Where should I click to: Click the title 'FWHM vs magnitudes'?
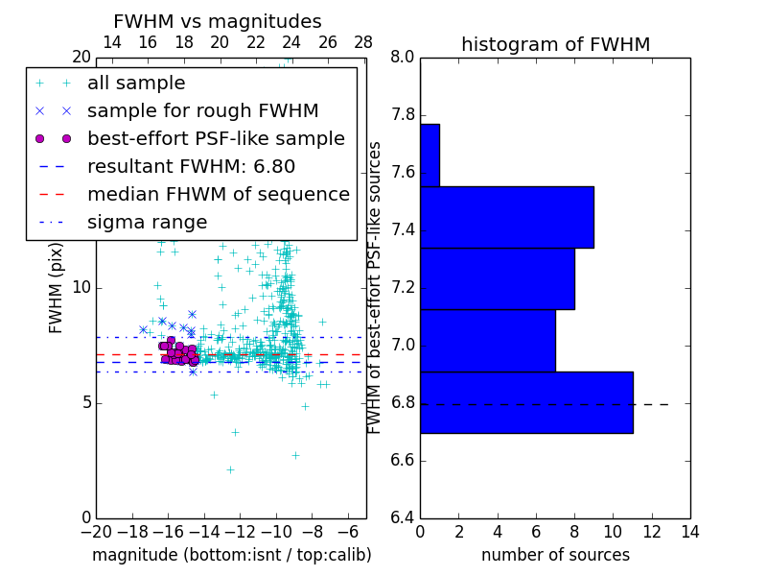coord(218,21)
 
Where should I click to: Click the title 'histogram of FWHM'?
coord(555,44)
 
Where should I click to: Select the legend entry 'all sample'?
coord(136,84)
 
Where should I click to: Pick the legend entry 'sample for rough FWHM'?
coord(202,111)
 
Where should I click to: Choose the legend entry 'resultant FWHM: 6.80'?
coord(191,167)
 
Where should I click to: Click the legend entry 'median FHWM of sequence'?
coord(218,195)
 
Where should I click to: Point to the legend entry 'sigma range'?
coord(147,223)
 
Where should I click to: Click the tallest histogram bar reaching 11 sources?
coord(526,402)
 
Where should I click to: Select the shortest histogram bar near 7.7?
coord(430,155)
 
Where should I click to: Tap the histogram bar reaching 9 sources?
coord(506,217)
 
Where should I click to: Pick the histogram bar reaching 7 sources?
coord(487,341)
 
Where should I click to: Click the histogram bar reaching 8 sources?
coord(497,278)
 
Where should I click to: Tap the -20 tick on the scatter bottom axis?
coord(96,532)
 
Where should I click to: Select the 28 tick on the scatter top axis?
coord(363,42)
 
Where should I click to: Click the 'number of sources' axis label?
coord(555,555)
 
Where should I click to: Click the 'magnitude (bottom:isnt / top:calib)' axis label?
coord(231,555)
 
